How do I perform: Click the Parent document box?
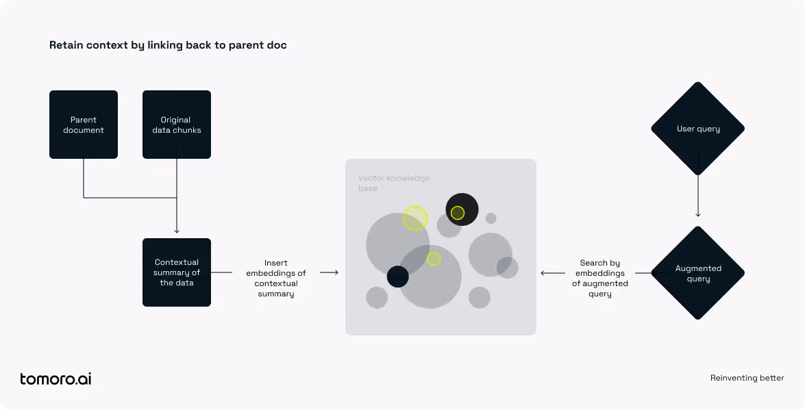84,125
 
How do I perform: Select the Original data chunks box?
177,125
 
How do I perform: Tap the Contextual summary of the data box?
177,272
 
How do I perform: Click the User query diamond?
697,129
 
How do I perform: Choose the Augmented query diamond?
697,273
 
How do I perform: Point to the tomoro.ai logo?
55,379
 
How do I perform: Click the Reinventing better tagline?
747,379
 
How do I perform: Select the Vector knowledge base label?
394,183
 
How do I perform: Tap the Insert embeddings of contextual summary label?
275,278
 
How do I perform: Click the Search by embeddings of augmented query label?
599,278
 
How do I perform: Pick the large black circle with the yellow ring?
462,209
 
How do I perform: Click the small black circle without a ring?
397,277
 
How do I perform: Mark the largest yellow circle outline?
415,206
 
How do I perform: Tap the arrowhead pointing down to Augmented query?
697,214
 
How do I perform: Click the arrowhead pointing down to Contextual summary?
177,231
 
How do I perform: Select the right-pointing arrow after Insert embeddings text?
329,272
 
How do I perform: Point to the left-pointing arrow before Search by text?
553,273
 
